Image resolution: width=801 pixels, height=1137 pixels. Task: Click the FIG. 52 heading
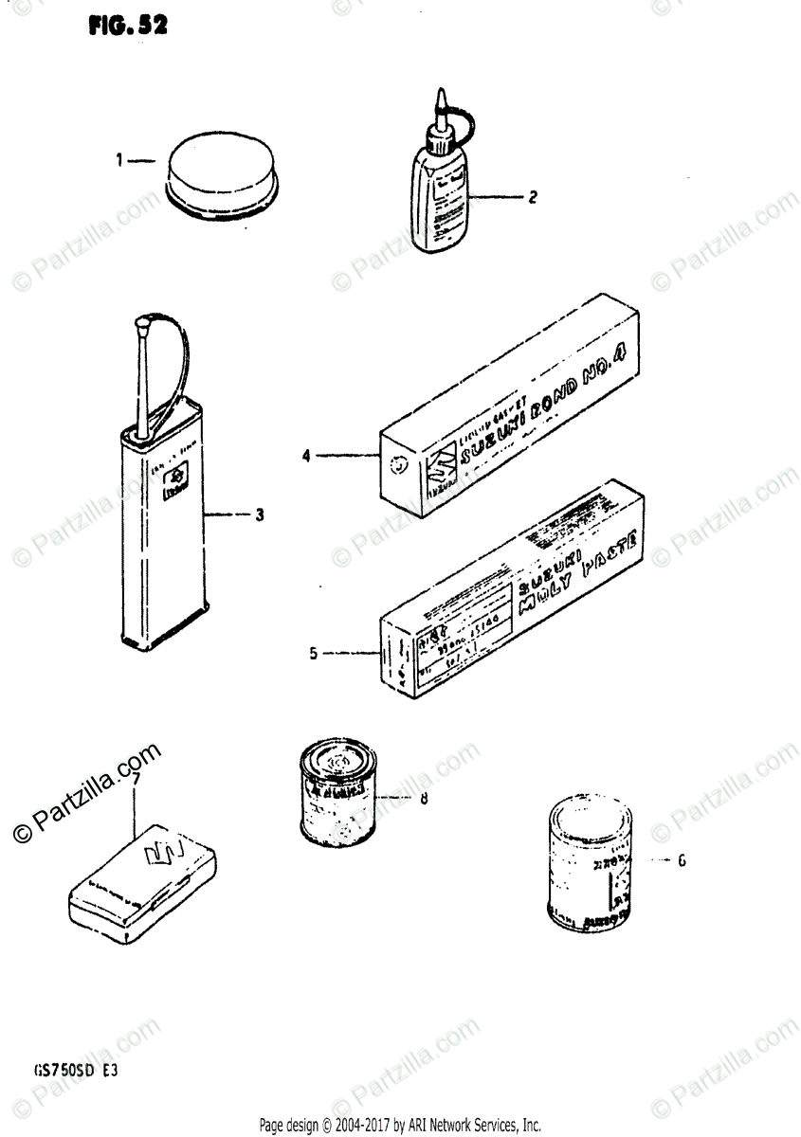(x=128, y=26)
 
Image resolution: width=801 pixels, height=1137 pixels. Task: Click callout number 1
(x=120, y=161)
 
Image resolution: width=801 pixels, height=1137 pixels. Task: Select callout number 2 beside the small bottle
(x=533, y=197)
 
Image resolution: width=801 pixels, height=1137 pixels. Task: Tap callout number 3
(x=258, y=515)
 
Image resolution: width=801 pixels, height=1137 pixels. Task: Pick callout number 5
(x=314, y=652)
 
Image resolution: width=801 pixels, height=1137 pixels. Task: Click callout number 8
(x=424, y=798)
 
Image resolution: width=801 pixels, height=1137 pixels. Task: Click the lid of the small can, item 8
(x=333, y=761)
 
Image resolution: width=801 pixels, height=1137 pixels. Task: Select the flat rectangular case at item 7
(x=147, y=875)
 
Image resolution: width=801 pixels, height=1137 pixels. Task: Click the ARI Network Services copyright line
(x=399, y=1125)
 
